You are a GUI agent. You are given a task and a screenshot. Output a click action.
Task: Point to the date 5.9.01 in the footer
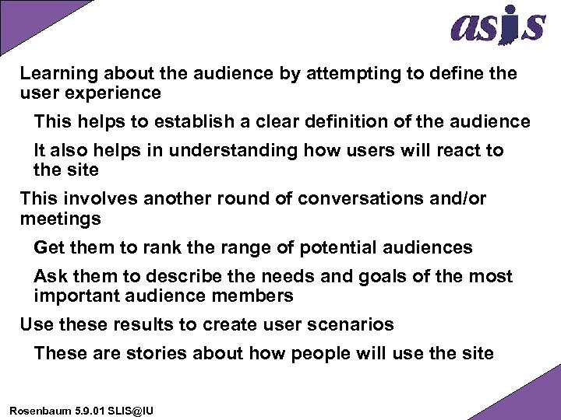click(x=86, y=408)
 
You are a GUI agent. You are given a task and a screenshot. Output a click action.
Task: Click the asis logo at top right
click(x=497, y=26)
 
